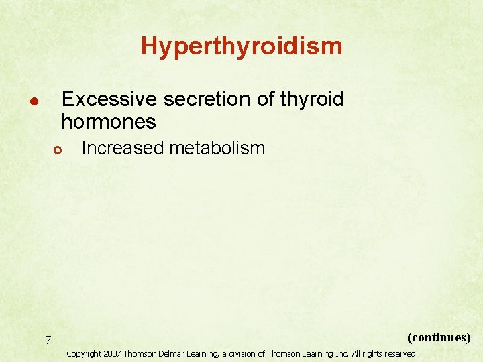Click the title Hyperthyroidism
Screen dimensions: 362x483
[x=241, y=46]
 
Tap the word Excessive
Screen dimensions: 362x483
[x=109, y=99]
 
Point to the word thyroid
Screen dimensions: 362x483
[x=312, y=99]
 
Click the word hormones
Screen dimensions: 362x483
[x=108, y=122]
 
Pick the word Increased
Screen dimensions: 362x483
[x=122, y=148]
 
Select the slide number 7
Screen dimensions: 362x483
[x=48, y=341]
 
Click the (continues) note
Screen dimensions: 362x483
[x=439, y=337]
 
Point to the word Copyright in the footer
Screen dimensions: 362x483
[x=84, y=353]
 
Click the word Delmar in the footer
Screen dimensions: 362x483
[x=171, y=353]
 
